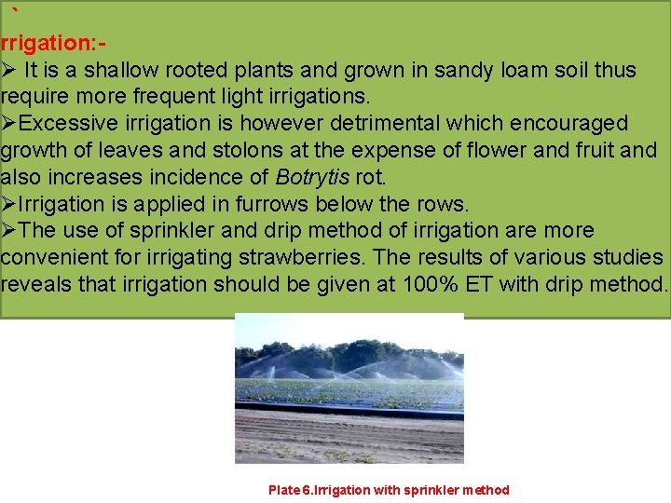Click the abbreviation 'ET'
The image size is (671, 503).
(x=479, y=284)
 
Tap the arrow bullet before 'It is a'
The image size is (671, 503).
(x=8, y=70)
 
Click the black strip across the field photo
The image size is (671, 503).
(x=349, y=411)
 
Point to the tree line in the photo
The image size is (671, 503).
(x=349, y=356)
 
